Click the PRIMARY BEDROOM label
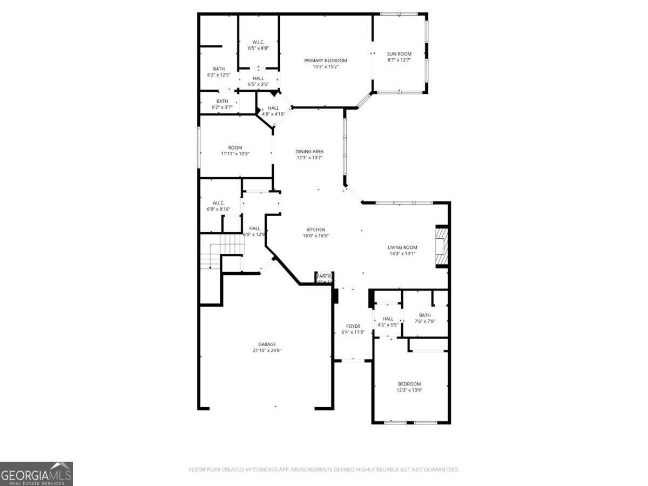[x=325, y=60]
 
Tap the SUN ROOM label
[x=399, y=54]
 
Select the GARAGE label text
[x=267, y=344]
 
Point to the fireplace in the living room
[x=442, y=247]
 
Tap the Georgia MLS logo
[x=36, y=474]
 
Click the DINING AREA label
[x=309, y=151]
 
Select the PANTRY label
[x=324, y=276]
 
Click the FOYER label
[x=353, y=326]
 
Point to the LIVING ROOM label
[x=402, y=247]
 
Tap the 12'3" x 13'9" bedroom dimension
[x=409, y=390]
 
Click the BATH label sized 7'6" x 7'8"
[x=425, y=315]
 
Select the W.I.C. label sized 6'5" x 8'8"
[x=258, y=42]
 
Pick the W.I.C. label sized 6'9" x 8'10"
[x=218, y=203]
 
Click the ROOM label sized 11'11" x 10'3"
[x=235, y=147]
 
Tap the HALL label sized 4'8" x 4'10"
[x=273, y=108]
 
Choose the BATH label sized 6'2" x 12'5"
[x=219, y=69]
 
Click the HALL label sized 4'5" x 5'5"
[x=388, y=319]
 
